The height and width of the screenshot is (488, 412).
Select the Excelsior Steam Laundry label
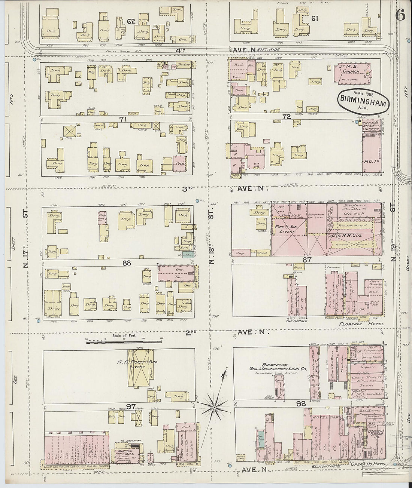(370, 126)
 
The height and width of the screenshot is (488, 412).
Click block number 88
(127, 263)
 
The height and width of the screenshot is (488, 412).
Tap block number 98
(300, 404)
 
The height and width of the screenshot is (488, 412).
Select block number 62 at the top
(131, 21)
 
